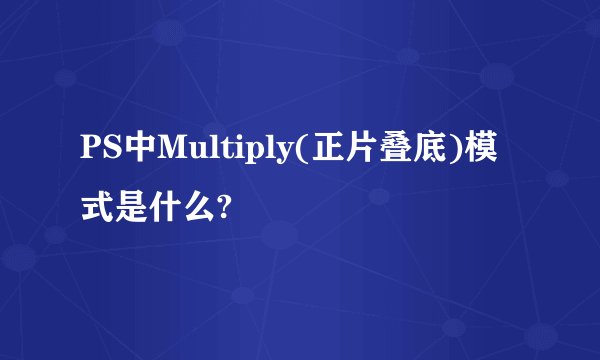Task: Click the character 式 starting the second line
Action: coord(98,208)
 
